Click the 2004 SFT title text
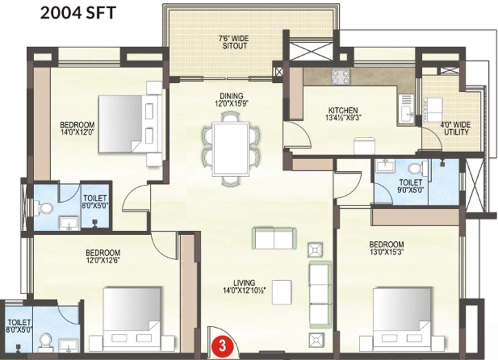pos(77,13)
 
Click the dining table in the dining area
pos(230,149)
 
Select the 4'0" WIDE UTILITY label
pos(455,128)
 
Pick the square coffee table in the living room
pos(282,292)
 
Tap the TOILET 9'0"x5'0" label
pos(410,186)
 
